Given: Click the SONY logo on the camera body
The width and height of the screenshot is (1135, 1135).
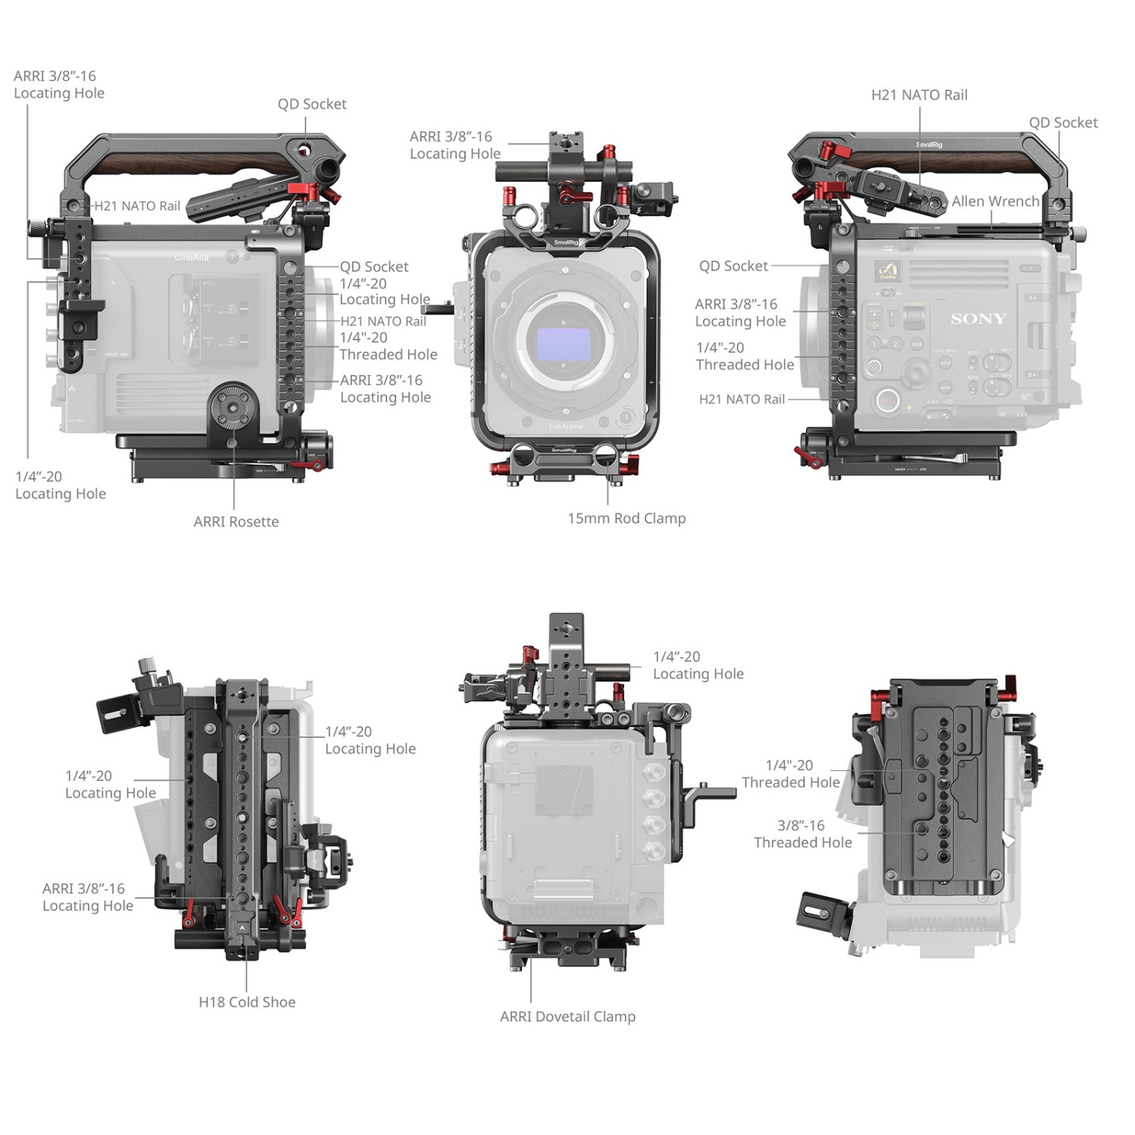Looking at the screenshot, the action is pyautogui.click(x=978, y=319).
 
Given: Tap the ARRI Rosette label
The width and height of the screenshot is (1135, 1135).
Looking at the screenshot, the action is pyautogui.click(x=236, y=521).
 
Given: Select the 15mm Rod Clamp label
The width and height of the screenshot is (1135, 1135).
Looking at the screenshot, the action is pyautogui.click(x=627, y=518).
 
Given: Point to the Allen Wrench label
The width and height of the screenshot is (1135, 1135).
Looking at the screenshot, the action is pyautogui.click(x=995, y=201).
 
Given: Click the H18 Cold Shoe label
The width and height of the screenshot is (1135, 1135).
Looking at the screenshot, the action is pyautogui.click(x=247, y=1002).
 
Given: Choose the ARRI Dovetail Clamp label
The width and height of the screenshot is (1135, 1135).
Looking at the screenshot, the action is pyautogui.click(x=567, y=1016).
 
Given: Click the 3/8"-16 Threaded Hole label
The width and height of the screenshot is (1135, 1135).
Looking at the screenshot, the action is pyautogui.click(x=803, y=834).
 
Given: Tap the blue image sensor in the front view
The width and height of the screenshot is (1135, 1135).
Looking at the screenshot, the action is pyautogui.click(x=563, y=344).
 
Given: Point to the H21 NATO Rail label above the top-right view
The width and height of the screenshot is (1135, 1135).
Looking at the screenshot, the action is pyautogui.click(x=919, y=95).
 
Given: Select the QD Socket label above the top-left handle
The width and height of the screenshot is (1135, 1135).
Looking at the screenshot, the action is pyautogui.click(x=312, y=104).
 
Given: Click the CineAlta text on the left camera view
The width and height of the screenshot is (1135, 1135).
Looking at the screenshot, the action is pyautogui.click(x=191, y=257).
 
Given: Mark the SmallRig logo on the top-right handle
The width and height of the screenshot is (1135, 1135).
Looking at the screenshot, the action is pyautogui.click(x=929, y=145).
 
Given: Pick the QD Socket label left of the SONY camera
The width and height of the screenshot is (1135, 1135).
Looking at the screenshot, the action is pyautogui.click(x=733, y=266).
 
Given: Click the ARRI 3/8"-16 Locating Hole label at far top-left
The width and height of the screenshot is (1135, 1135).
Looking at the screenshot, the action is pyautogui.click(x=59, y=84).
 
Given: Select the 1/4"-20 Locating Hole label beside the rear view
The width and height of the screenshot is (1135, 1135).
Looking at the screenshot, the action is pyautogui.click(x=698, y=665).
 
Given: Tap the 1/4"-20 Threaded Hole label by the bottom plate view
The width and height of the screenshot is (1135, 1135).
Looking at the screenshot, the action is pyautogui.click(x=791, y=774).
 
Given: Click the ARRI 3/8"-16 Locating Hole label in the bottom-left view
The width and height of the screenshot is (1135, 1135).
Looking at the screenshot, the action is pyautogui.click(x=88, y=897).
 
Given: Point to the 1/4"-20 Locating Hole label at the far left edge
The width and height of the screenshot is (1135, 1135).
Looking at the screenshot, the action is pyautogui.click(x=61, y=485).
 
